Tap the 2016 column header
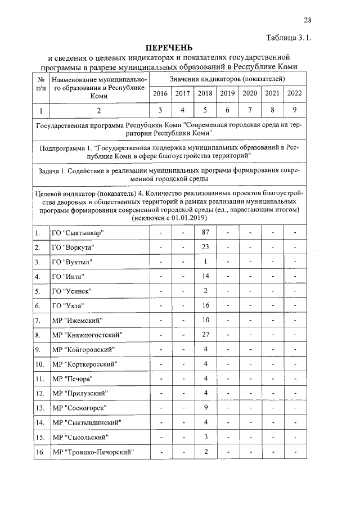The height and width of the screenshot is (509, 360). click(160, 93)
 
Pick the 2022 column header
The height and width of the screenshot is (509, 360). click(294, 93)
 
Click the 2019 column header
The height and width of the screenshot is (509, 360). click(227, 93)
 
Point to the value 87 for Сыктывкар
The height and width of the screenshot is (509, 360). click(205, 233)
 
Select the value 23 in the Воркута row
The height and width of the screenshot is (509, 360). click(205, 247)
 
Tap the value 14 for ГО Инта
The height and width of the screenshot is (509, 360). click(205, 277)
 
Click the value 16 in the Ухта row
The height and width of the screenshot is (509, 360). click(205, 305)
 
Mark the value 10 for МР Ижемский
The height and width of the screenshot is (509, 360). click(205, 320)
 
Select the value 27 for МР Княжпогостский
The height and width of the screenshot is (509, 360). click(205, 335)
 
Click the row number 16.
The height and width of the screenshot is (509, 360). click(39, 452)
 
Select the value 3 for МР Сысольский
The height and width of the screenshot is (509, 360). click(206, 437)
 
